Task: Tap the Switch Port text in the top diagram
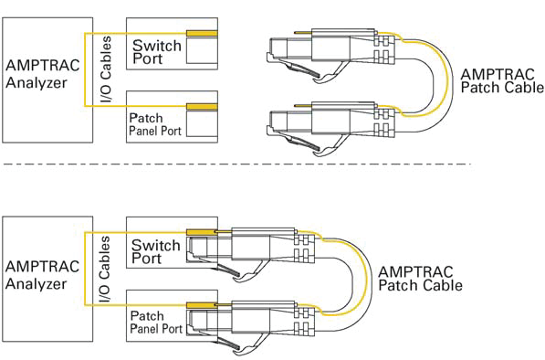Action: pos(156,51)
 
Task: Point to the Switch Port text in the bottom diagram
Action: pos(156,251)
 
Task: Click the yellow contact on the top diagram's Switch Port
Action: pos(201,34)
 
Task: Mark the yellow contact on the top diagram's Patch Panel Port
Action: pos(201,107)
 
